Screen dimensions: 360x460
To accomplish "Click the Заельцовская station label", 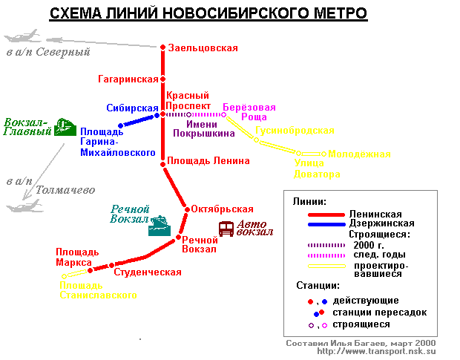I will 203,48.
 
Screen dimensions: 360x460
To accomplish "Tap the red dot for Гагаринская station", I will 162,79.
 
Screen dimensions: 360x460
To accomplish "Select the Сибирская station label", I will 132,108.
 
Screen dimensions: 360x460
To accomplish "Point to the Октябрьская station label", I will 222,209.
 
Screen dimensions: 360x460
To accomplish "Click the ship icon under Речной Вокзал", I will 160,226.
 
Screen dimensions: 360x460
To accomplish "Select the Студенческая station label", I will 148,272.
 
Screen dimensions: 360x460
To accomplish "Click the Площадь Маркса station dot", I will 91,270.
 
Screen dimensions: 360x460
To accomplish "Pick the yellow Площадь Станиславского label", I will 98,290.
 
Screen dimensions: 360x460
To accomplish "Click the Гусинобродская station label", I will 295,131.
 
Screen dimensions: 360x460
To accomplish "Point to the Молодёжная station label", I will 359,154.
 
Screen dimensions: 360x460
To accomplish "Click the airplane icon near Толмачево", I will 20,206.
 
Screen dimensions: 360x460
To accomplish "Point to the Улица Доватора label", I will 318,169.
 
